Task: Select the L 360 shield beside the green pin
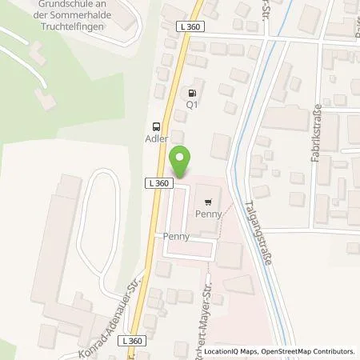point(158,183)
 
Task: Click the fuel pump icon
point(190,90)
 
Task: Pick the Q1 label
point(191,103)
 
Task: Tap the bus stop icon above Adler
point(156,125)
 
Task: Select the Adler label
point(156,138)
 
